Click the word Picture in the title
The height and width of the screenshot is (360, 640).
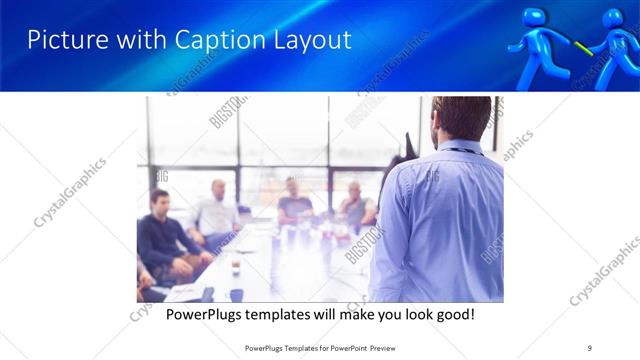click(63, 40)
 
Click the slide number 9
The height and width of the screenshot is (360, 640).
click(589, 346)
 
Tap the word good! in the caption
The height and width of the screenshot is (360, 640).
click(454, 315)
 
